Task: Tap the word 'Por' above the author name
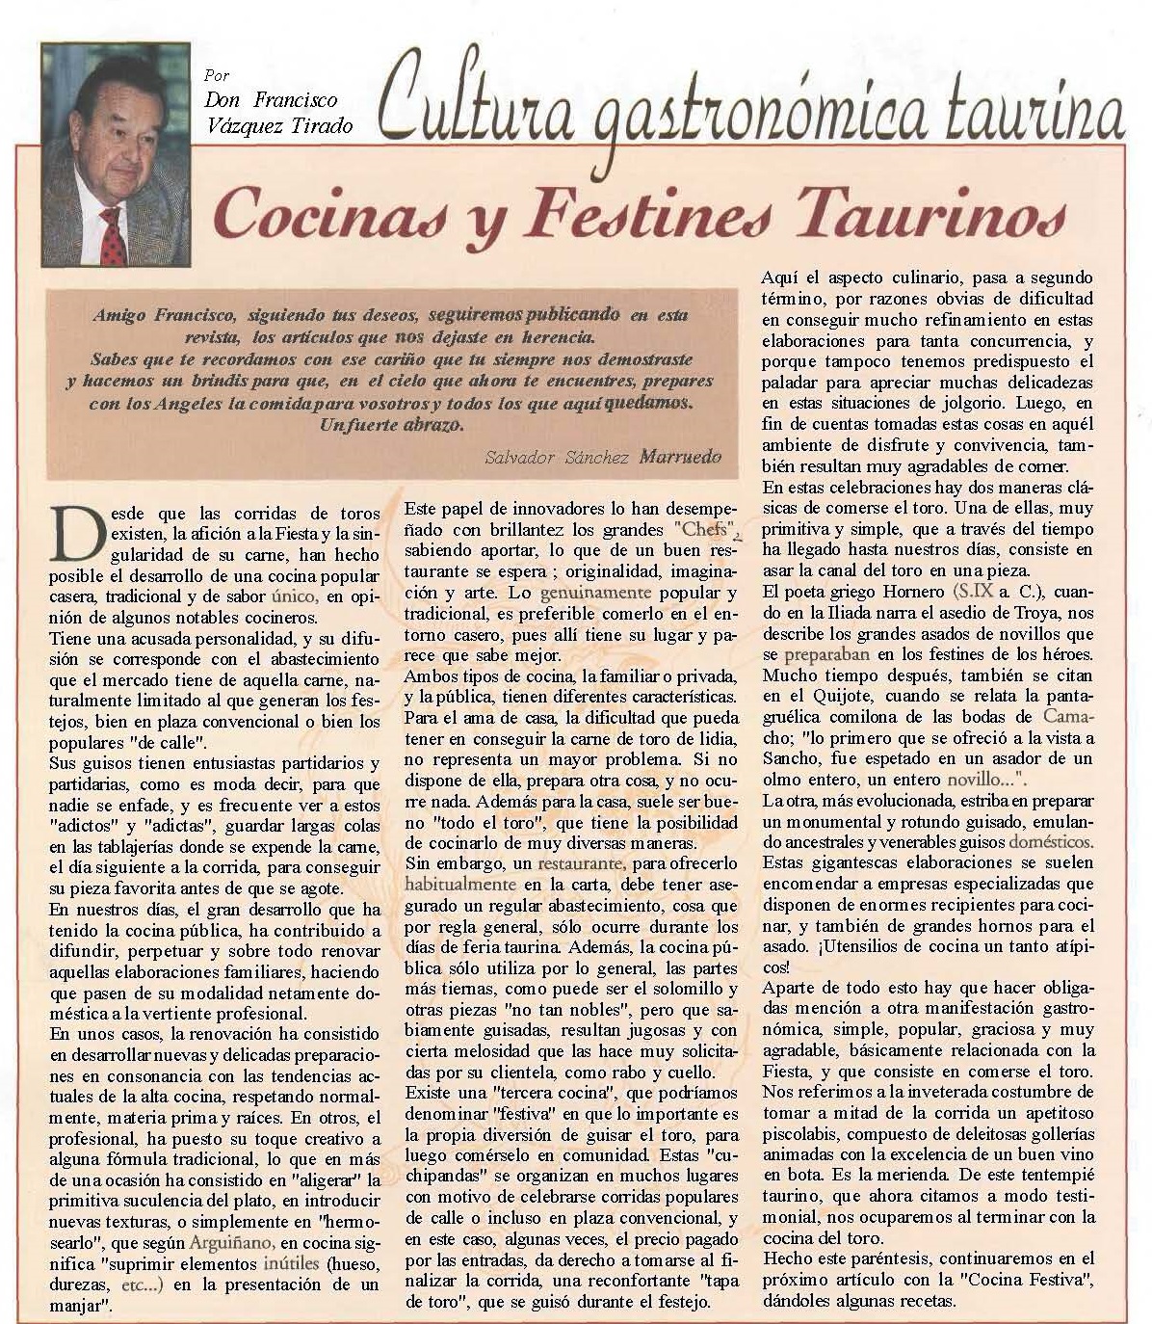pos(217,75)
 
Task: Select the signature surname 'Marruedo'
pos(680,457)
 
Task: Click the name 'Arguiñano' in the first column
pos(230,1243)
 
